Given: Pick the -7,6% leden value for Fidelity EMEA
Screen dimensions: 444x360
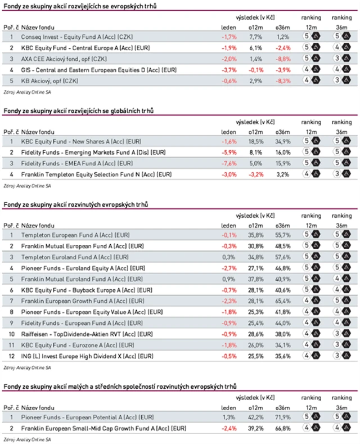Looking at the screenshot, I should pyautogui.click(x=227, y=163).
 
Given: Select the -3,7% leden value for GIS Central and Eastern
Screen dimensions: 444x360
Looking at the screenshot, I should pyautogui.click(x=227, y=70).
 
